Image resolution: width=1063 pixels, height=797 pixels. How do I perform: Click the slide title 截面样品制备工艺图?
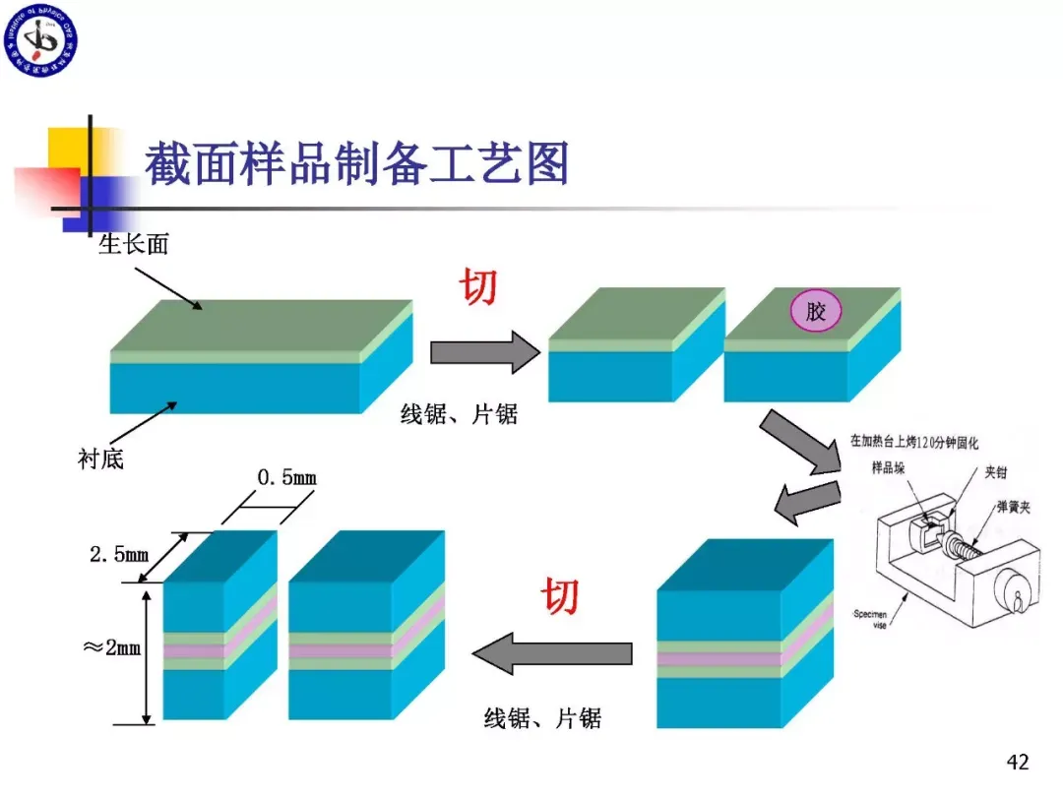coord(357,164)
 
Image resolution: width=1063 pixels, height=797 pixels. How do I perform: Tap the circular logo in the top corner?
coord(40,40)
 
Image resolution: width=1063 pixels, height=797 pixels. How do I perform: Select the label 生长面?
coord(133,244)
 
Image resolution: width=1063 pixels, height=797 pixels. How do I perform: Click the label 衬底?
coord(100,459)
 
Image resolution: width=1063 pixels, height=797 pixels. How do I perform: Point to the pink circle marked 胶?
coord(817,313)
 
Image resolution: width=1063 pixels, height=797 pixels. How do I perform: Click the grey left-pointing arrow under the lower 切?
coord(552,653)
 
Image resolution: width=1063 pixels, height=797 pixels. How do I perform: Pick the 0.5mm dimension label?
coord(287,478)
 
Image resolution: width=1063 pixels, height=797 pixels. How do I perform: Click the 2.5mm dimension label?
coord(119,554)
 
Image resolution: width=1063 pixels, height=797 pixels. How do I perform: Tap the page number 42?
coord(1018,762)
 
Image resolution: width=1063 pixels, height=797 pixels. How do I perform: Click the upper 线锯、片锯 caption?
coord(459,415)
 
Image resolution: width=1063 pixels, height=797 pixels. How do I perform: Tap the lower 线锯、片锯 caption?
coord(542,719)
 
